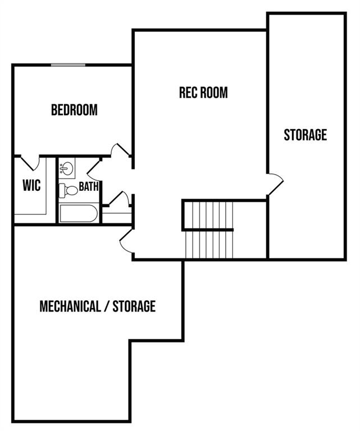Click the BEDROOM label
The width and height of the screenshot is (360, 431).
click(74, 110)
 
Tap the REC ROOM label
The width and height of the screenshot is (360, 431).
click(203, 93)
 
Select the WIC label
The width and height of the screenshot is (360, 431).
click(32, 185)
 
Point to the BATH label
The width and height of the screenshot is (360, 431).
click(89, 186)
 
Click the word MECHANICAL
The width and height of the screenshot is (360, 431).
click(72, 306)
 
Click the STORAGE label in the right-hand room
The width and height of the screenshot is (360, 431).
click(305, 135)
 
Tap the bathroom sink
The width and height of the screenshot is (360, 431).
click(67, 168)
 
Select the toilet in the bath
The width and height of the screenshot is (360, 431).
click(69, 190)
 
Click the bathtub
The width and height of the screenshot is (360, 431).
click(78, 214)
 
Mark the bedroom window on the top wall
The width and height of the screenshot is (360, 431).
click(68, 65)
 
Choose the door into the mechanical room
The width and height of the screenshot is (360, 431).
click(125, 242)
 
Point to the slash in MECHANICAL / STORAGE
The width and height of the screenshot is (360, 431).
click(107, 306)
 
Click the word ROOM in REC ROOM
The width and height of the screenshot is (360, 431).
click(216, 93)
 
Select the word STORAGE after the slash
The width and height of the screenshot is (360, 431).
click(134, 306)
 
